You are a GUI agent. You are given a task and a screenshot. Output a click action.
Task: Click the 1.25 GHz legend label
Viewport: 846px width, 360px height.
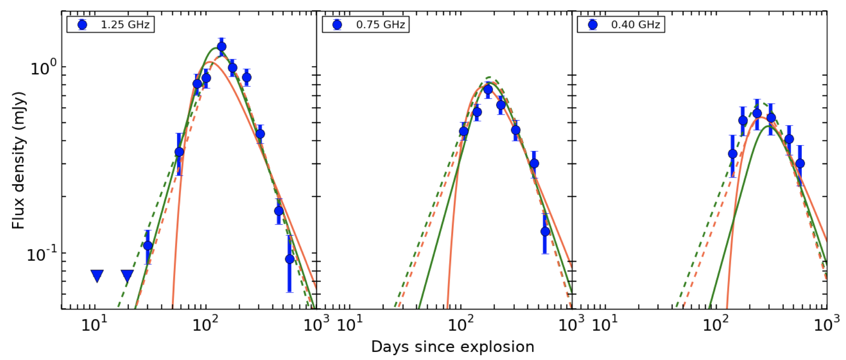click(125, 25)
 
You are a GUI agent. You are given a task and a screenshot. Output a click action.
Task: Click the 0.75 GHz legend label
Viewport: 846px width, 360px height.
click(380, 25)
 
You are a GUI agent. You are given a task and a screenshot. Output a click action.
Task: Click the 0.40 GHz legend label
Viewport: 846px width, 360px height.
click(635, 25)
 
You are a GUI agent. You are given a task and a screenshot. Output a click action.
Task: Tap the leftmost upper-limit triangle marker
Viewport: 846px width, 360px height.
click(97, 276)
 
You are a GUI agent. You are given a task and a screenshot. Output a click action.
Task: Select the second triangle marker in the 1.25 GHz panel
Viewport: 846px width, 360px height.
click(127, 276)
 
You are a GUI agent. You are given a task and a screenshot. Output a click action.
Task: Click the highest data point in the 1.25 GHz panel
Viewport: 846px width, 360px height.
click(221, 47)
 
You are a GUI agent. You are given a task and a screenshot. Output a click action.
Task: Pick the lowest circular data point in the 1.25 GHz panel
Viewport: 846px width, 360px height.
click(289, 259)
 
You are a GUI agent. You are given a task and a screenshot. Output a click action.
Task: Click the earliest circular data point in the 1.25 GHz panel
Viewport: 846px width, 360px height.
click(147, 245)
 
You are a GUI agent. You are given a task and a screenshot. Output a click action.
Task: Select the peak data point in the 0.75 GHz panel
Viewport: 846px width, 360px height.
click(488, 89)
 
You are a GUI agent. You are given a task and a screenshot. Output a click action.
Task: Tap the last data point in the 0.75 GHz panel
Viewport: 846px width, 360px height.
click(545, 231)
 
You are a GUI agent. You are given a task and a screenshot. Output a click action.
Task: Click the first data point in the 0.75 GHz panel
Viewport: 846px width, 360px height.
click(464, 131)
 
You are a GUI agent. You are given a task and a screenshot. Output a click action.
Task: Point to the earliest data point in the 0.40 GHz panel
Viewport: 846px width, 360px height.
click(732, 154)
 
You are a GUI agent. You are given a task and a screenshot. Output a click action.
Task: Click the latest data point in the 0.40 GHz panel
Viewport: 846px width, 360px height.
click(800, 163)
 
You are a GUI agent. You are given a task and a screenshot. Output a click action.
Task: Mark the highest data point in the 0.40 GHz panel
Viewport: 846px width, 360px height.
click(757, 113)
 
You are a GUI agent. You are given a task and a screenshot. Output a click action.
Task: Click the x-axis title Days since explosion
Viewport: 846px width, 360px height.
click(452, 347)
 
